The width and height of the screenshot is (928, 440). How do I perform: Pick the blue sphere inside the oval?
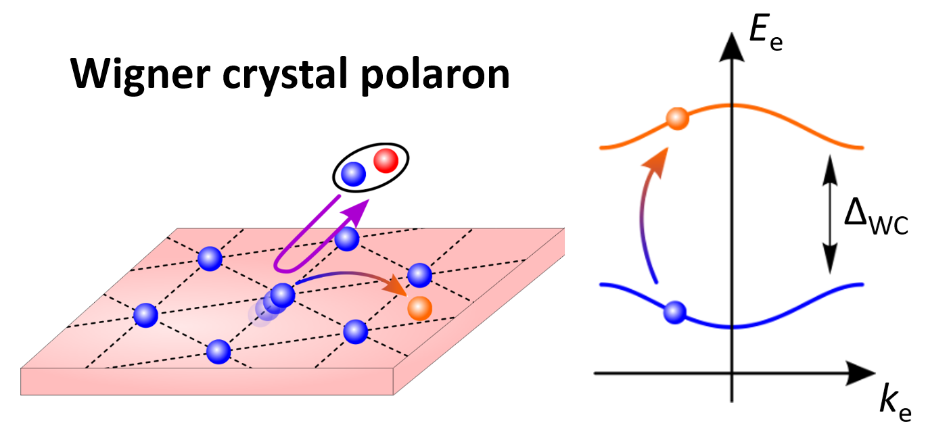pos(353,175)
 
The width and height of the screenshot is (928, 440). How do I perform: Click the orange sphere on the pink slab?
pos(419,308)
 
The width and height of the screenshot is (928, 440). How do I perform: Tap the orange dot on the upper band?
pos(677,120)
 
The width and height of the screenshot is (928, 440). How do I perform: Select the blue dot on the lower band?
pos(674,312)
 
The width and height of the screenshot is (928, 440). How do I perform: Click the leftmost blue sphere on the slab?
pos(145,314)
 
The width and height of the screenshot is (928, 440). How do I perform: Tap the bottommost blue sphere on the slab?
pos(218,351)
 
